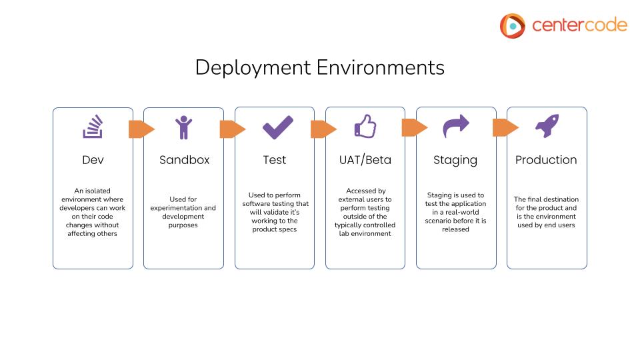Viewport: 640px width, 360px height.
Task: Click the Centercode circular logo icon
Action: click(x=513, y=25)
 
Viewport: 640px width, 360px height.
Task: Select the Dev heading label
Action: click(x=93, y=160)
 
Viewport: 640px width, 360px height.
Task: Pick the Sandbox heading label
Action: click(x=184, y=160)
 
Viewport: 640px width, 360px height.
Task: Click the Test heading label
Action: click(x=274, y=160)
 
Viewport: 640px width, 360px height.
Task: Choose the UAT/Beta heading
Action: click(x=365, y=160)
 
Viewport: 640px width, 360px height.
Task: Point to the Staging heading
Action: click(x=455, y=160)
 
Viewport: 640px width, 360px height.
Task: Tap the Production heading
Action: click(x=546, y=160)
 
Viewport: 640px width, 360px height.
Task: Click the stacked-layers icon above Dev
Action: click(x=93, y=127)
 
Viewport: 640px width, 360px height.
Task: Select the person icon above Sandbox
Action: click(x=183, y=127)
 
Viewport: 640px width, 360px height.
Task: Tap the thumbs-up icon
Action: click(x=365, y=126)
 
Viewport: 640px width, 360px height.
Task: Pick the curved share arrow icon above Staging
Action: click(x=456, y=125)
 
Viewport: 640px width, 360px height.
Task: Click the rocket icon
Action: click(x=547, y=126)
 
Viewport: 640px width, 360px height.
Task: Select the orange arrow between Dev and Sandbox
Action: click(x=141, y=129)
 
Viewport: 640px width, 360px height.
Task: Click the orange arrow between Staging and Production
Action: click(x=505, y=127)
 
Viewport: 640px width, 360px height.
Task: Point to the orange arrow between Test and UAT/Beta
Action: click(x=323, y=129)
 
